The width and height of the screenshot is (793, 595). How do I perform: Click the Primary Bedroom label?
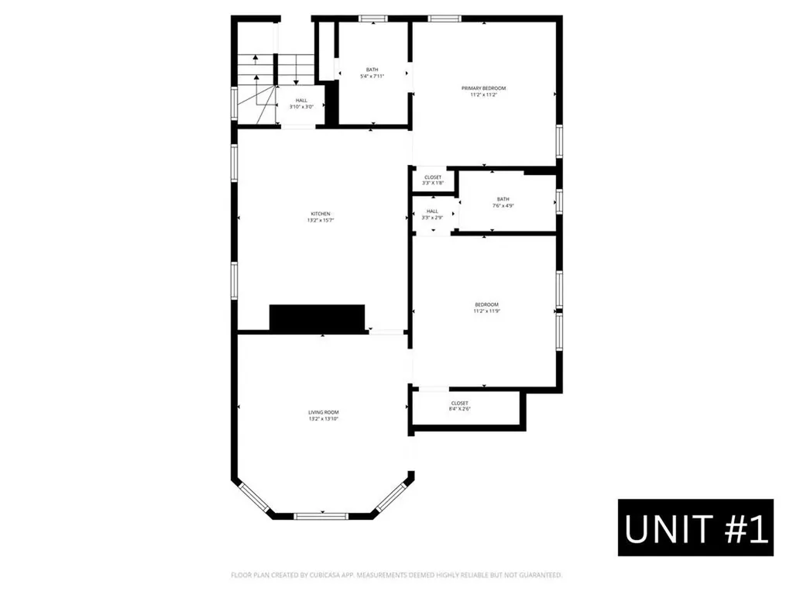483,88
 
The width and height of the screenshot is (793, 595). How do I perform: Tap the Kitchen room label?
321,214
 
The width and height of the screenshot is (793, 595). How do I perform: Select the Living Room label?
323,412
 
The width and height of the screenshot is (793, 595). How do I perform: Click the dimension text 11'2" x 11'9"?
486,311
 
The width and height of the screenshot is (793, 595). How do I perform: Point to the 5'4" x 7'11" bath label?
372,76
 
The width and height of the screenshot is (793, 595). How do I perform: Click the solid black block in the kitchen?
317,318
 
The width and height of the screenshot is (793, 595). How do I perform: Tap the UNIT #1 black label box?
695,528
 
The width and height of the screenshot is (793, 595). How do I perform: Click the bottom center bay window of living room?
321,515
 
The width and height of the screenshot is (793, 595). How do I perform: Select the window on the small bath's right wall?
558,201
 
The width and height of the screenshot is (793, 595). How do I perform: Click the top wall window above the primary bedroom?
445,18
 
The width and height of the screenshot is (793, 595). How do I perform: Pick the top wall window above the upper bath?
373,18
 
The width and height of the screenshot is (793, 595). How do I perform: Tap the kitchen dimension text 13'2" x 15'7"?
321,221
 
